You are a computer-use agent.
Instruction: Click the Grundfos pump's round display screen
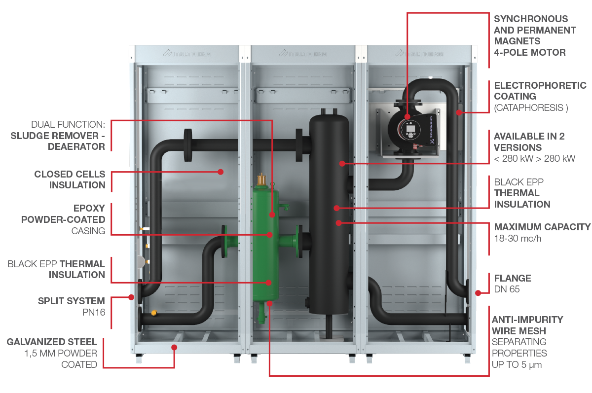coord(410,129)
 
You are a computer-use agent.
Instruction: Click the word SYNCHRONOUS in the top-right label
coord(531,19)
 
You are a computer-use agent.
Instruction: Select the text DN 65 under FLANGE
coord(507,289)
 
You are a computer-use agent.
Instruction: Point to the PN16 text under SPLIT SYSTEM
coord(94,312)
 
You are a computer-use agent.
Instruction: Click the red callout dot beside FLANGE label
coord(478,293)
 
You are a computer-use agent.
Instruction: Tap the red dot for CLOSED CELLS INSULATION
coord(221,172)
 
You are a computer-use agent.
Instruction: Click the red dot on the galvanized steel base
coord(174,347)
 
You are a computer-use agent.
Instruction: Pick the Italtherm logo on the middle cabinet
coord(303,54)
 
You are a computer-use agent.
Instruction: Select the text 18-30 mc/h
coord(518,239)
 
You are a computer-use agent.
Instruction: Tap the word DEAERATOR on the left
coord(76,146)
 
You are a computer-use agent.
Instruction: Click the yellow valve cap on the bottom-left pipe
coord(154,313)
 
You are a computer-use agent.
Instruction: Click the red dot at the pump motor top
coord(407,116)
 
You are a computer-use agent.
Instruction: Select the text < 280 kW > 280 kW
coord(534,158)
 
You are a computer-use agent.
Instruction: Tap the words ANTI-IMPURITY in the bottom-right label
coord(527,320)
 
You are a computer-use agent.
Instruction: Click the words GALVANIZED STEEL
coord(52,342)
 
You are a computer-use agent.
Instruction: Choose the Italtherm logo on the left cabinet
coord(187,54)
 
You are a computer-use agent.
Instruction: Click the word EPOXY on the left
coord(89,208)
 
